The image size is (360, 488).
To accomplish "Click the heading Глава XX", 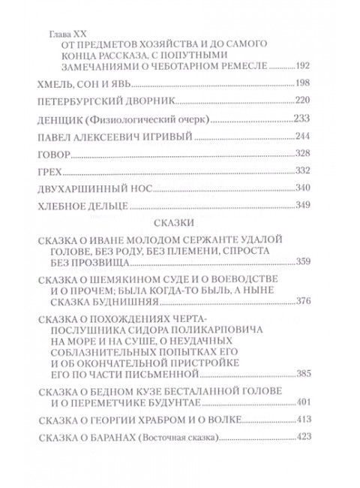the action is (64, 35).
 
